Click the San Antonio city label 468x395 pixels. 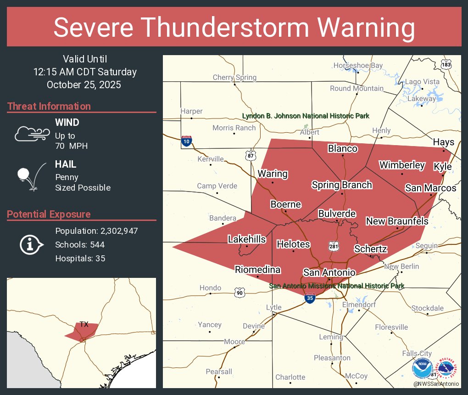click(329, 272)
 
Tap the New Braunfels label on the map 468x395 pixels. click(397, 221)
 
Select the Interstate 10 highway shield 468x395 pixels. click(186, 141)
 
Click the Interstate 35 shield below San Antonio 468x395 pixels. click(310, 298)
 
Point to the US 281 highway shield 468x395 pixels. click(334, 247)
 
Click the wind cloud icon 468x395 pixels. click(31, 134)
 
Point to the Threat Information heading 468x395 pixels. click(49, 106)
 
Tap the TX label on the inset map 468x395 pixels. click(84, 324)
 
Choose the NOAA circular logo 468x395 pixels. click(422, 368)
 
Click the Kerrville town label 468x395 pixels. click(211, 159)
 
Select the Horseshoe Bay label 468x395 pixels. click(358, 66)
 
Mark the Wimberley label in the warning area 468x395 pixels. click(402, 165)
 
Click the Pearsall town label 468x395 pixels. click(219, 371)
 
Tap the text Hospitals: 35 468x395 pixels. click(80, 258)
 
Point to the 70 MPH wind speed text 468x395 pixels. click(71, 146)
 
